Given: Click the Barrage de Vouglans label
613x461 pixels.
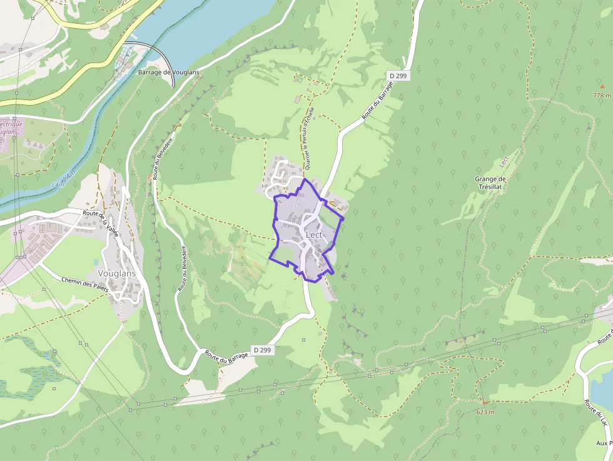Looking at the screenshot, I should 168,73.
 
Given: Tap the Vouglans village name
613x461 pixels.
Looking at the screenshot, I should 117,273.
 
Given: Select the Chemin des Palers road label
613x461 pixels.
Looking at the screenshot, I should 84,284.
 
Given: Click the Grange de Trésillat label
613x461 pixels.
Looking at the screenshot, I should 490,183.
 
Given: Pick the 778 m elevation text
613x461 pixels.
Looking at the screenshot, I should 602,96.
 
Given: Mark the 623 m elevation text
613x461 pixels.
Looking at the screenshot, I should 485,412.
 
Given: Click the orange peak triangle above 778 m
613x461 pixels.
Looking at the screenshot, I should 602,86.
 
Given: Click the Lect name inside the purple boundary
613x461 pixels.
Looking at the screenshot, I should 314,235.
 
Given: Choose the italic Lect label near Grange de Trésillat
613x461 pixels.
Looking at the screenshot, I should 504,161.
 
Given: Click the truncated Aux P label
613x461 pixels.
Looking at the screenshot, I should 604,443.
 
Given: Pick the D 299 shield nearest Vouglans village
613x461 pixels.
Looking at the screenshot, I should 262,350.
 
